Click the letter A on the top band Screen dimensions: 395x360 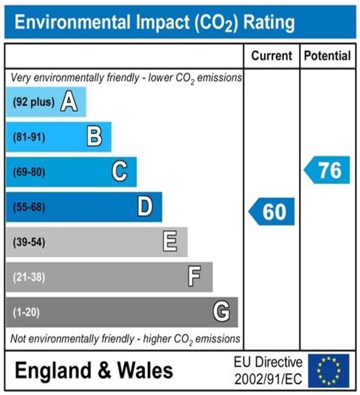click(x=69, y=103)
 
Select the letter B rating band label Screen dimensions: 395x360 click(x=95, y=137)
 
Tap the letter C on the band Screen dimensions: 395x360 click(x=120, y=172)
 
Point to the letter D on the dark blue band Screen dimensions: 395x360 click(x=145, y=207)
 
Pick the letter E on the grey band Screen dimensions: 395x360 click(x=170, y=242)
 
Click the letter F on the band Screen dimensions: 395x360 click(x=194, y=277)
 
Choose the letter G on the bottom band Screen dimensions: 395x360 click(x=221, y=312)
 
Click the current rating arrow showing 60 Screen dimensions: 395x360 click(x=272, y=212)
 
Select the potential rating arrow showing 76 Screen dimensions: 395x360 click(x=328, y=170)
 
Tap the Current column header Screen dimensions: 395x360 click(x=272, y=56)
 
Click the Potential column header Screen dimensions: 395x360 click(x=328, y=56)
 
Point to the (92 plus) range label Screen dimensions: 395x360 click(x=33, y=103)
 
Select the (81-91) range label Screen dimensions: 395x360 click(x=29, y=137)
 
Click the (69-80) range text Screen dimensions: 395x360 click(x=29, y=172)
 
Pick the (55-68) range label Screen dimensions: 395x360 click(x=29, y=207)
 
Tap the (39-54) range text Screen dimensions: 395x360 click(x=29, y=242)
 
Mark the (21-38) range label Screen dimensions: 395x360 click(x=29, y=277)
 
